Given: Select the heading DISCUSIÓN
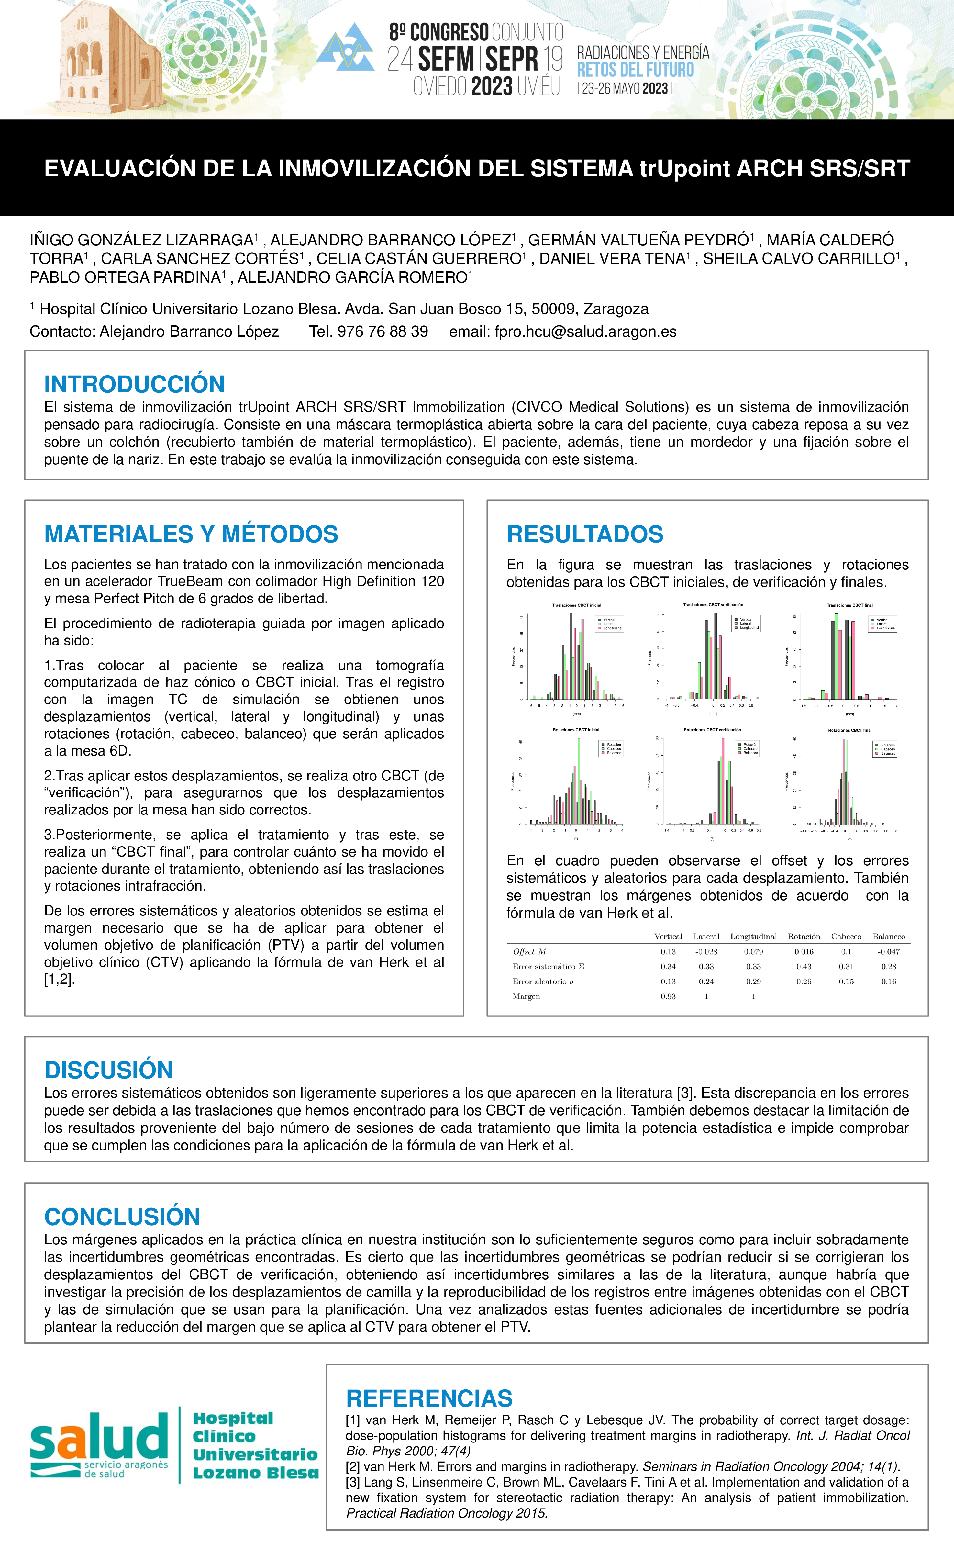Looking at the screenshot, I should coord(108,1070).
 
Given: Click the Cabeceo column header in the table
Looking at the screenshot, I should coord(846,937).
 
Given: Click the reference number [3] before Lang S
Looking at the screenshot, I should coord(353,1482).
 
